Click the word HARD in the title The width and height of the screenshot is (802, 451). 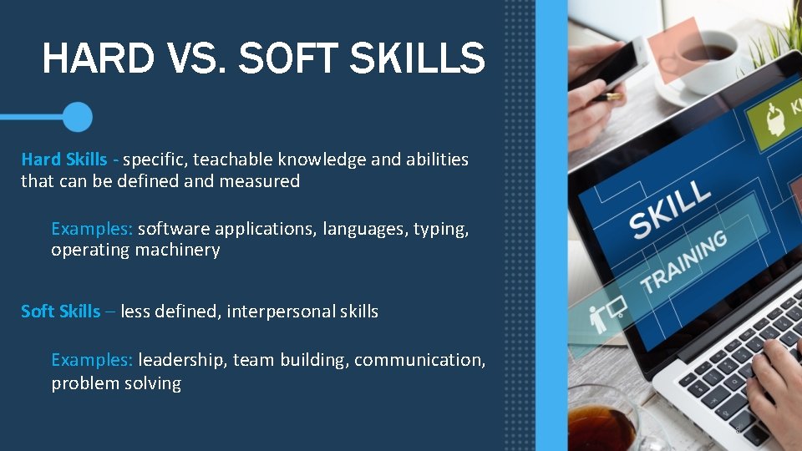click(x=98, y=59)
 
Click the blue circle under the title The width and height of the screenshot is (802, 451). click(x=78, y=117)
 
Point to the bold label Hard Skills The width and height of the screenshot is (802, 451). click(x=64, y=159)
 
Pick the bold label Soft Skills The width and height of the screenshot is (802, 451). click(x=60, y=312)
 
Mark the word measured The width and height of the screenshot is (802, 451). click(x=259, y=180)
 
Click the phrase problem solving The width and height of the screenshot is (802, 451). click(x=116, y=383)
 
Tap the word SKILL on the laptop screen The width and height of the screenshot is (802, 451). click(x=669, y=209)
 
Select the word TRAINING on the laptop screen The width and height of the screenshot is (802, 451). click(x=683, y=261)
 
